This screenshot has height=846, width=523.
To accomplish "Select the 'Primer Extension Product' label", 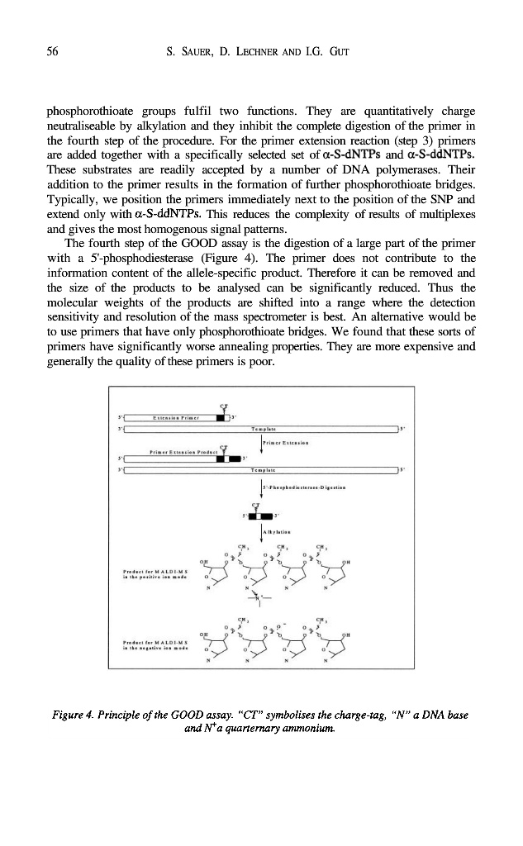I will point(183,453).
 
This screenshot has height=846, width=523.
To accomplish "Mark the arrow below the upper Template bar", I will point(261,444).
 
